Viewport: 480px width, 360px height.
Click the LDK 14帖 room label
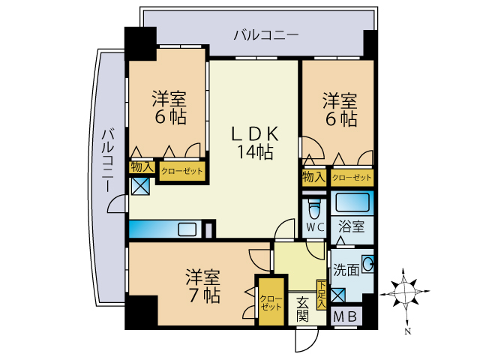click(254, 142)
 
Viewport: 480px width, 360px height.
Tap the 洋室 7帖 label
click(202, 285)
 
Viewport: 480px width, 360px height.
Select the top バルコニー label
click(265, 34)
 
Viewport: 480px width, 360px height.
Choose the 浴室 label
click(350, 225)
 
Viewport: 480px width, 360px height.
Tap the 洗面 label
click(346, 269)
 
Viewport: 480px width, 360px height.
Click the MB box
click(346, 316)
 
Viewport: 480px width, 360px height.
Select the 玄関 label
click(301, 309)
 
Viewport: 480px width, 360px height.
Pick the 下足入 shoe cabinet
click(321, 294)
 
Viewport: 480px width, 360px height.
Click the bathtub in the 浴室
click(352, 202)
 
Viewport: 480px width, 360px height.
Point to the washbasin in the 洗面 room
click(367, 264)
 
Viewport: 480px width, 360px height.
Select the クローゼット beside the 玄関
click(271, 301)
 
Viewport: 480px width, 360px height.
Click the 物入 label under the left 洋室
click(142, 167)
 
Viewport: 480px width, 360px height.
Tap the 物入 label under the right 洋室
click(313, 178)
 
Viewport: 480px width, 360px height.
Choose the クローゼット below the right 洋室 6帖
click(351, 178)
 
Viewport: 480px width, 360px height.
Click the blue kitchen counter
click(165, 229)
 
